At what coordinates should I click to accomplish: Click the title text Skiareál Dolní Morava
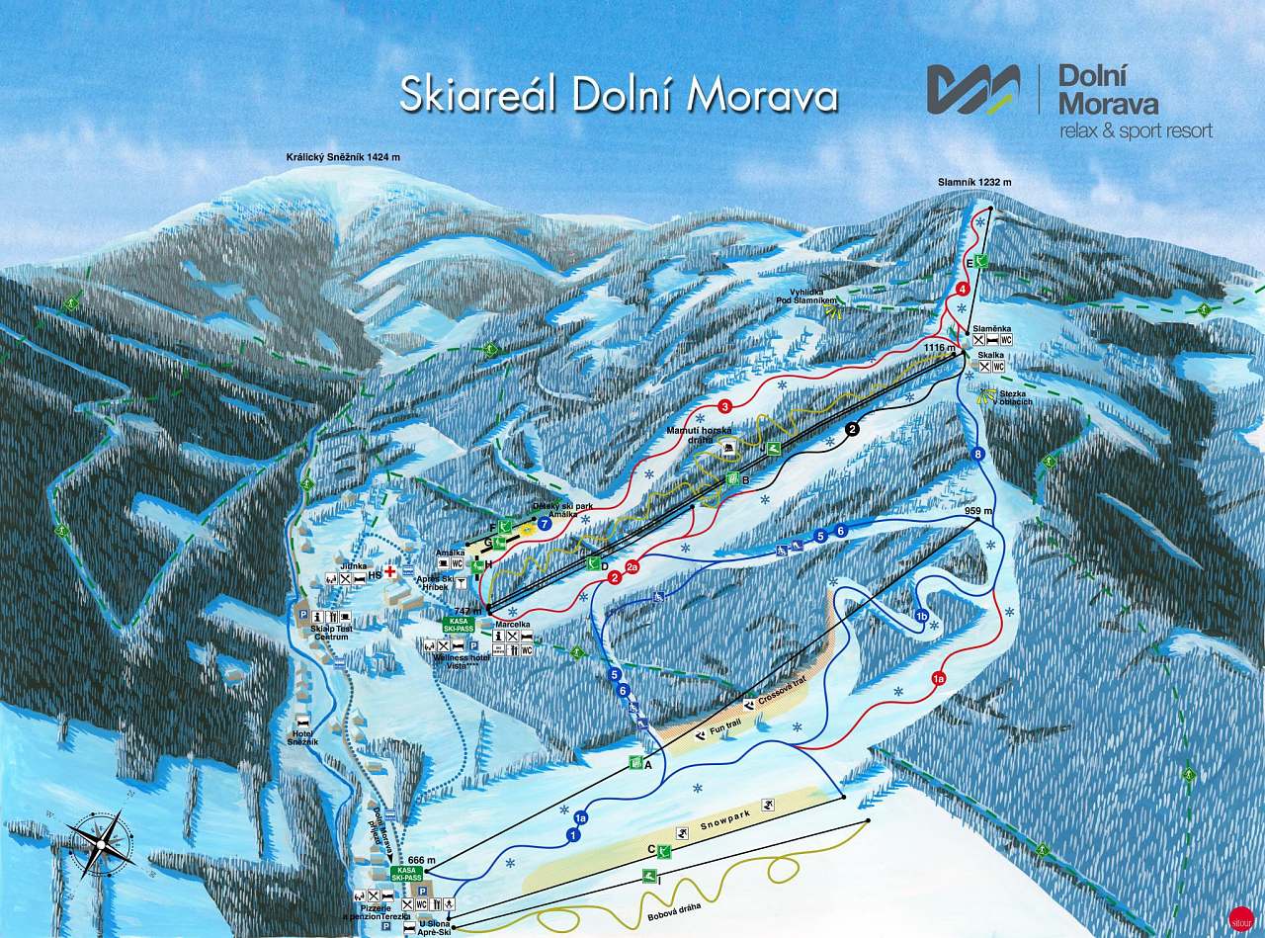pos(619,96)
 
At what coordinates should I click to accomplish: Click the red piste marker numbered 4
pos(962,289)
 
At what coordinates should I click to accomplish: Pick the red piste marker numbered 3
pos(724,406)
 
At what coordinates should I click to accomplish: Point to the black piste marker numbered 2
pos(853,429)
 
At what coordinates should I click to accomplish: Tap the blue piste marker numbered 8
pos(978,454)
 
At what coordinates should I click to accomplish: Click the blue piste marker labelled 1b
pos(921,615)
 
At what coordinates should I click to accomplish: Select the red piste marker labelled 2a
pos(632,566)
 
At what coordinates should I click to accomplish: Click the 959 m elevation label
pos(977,511)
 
